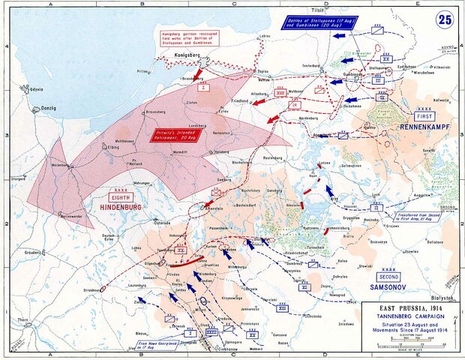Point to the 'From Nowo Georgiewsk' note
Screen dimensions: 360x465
pos(157,346)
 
